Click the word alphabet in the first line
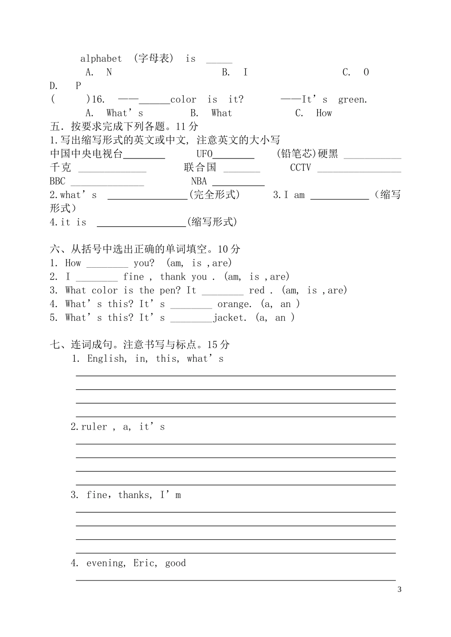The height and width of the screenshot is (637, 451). pos(101,59)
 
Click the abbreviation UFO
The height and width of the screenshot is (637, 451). pos(205,154)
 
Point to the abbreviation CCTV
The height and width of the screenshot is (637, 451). pos(301,168)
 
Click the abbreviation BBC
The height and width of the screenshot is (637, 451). pos(57,181)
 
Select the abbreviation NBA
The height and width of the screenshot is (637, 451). pos(199,181)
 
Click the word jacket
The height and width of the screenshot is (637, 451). pos(230,318)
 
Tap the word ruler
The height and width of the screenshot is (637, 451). pos(94,427)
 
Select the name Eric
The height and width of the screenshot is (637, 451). pos(144,563)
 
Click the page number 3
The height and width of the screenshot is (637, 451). pos(399,590)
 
